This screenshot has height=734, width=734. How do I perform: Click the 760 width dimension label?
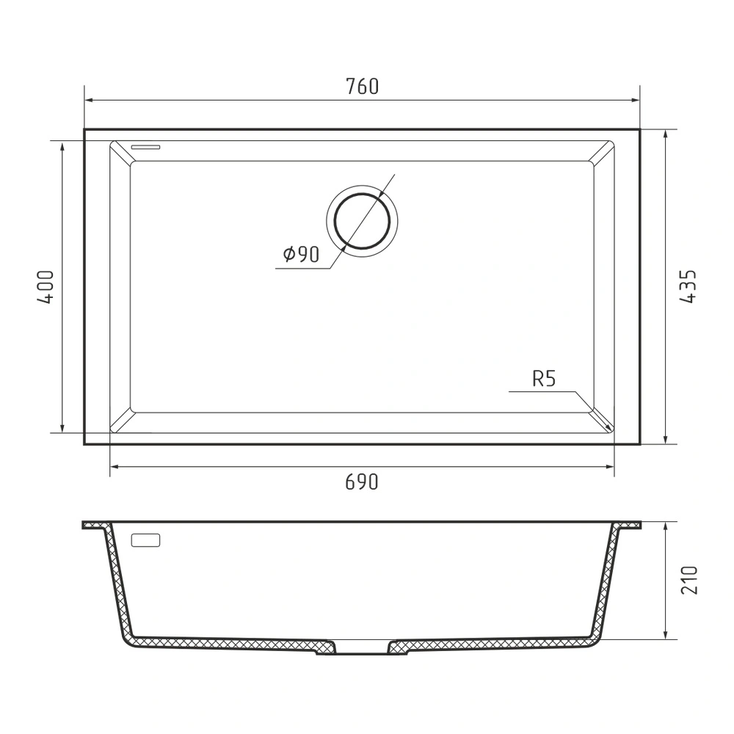coord(362,87)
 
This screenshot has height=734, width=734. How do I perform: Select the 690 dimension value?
coord(361,482)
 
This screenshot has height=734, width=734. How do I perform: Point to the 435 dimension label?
coord(688,286)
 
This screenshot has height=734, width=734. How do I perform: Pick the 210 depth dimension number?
coord(688,581)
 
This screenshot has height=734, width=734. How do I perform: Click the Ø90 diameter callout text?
coord(301,254)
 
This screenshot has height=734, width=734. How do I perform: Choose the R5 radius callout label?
coord(544,379)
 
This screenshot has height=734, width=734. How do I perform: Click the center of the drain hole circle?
coord(362,221)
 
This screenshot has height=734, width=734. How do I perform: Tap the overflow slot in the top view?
coord(145,147)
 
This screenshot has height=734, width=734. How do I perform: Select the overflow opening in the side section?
coord(145,540)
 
